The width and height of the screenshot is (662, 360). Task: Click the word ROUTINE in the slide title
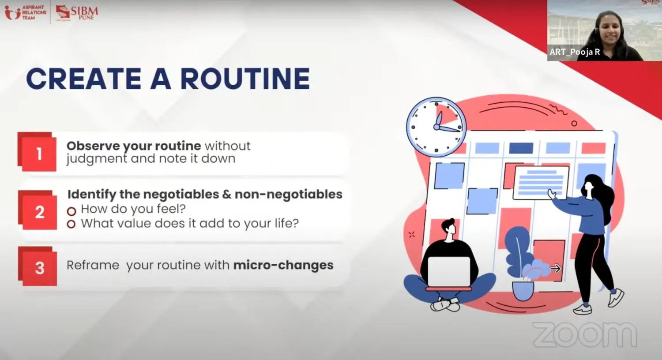point(245,79)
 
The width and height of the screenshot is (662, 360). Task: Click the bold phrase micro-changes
point(283,265)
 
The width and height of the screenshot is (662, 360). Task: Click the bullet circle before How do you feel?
point(71,211)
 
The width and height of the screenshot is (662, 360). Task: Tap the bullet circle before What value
point(71,224)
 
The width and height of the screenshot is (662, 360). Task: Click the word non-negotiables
point(289,194)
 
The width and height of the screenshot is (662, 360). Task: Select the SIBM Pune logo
point(77,13)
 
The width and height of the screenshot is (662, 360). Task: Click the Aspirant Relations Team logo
point(26,12)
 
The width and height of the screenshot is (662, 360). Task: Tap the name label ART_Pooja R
point(575,52)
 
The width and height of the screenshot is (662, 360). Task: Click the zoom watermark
point(585,334)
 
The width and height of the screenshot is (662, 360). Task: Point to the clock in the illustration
point(436,127)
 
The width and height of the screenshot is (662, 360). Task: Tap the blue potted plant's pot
point(523,291)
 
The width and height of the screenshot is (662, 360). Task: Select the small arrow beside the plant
point(555,268)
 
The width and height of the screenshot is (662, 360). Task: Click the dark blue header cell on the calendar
point(521,148)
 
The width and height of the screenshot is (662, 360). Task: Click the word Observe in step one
point(93,146)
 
